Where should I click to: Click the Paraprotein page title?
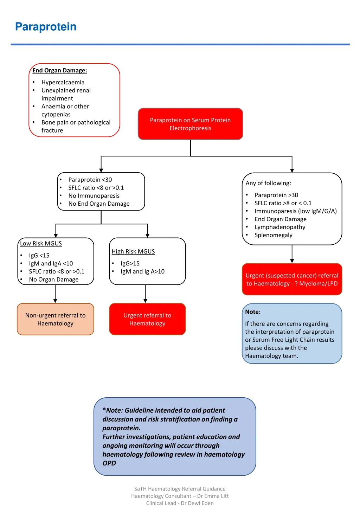[46, 27]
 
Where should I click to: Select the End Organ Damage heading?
[59, 70]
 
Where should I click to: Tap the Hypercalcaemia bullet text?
[63, 82]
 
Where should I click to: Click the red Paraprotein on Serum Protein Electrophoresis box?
[190, 124]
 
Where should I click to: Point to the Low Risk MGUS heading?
[41, 243]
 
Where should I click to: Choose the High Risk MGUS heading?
[133, 251]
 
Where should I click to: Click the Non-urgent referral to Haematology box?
[56, 319]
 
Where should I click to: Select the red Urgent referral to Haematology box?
[147, 319]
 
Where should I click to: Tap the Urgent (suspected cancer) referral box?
[292, 280]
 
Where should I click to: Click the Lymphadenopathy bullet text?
[280, 227]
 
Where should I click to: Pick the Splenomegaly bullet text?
[274, 235]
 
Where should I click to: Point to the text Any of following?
[268, 183]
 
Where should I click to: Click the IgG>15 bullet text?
[130, 263]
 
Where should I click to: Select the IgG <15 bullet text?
[39, 255]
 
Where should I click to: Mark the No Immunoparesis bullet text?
[94, 196]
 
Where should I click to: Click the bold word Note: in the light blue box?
[253, 312]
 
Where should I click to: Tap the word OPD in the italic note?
[109, 463]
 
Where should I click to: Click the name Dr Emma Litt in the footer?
[213, 496]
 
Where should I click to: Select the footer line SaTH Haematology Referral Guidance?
[180, 489]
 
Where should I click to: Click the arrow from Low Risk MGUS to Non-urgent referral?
[55, 294]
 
